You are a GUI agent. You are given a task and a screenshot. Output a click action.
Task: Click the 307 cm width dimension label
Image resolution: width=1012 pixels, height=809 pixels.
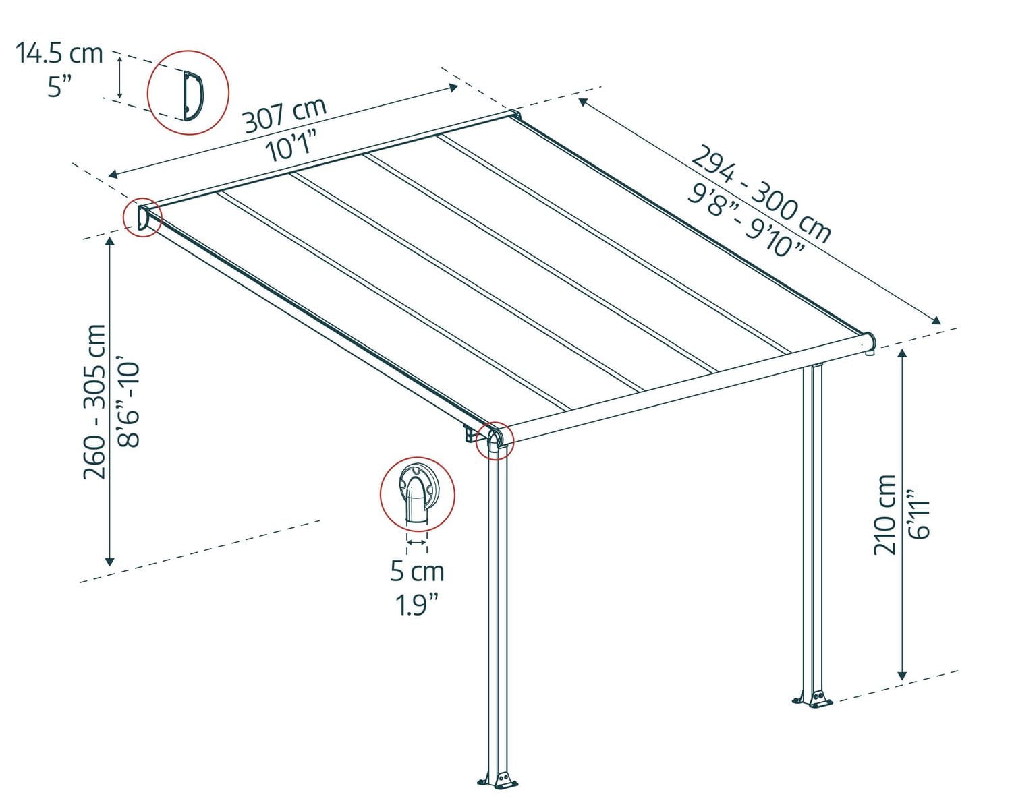point(284,115)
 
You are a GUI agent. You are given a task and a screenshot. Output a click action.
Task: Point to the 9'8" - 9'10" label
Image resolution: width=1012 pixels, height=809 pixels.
point(746,220)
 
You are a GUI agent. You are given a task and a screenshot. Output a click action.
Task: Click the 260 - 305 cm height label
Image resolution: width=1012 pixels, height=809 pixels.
point(94,402)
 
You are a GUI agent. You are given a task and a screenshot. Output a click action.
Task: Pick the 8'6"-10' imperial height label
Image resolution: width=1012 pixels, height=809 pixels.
point(128,404)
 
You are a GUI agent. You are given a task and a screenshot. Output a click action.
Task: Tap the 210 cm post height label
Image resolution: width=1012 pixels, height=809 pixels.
point(885,514)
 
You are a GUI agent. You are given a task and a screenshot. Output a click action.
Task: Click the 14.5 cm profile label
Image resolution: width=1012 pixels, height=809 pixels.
point(59,53)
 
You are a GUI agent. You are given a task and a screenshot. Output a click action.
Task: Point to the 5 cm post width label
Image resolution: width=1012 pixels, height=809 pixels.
point(417,572)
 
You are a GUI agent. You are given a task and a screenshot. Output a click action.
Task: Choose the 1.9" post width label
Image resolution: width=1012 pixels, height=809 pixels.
point(417,605)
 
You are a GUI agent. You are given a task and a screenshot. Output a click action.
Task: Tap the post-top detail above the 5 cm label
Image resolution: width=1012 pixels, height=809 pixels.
point(417,496)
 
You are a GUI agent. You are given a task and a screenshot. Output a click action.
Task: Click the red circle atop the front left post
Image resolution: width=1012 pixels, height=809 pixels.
point(495,441)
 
